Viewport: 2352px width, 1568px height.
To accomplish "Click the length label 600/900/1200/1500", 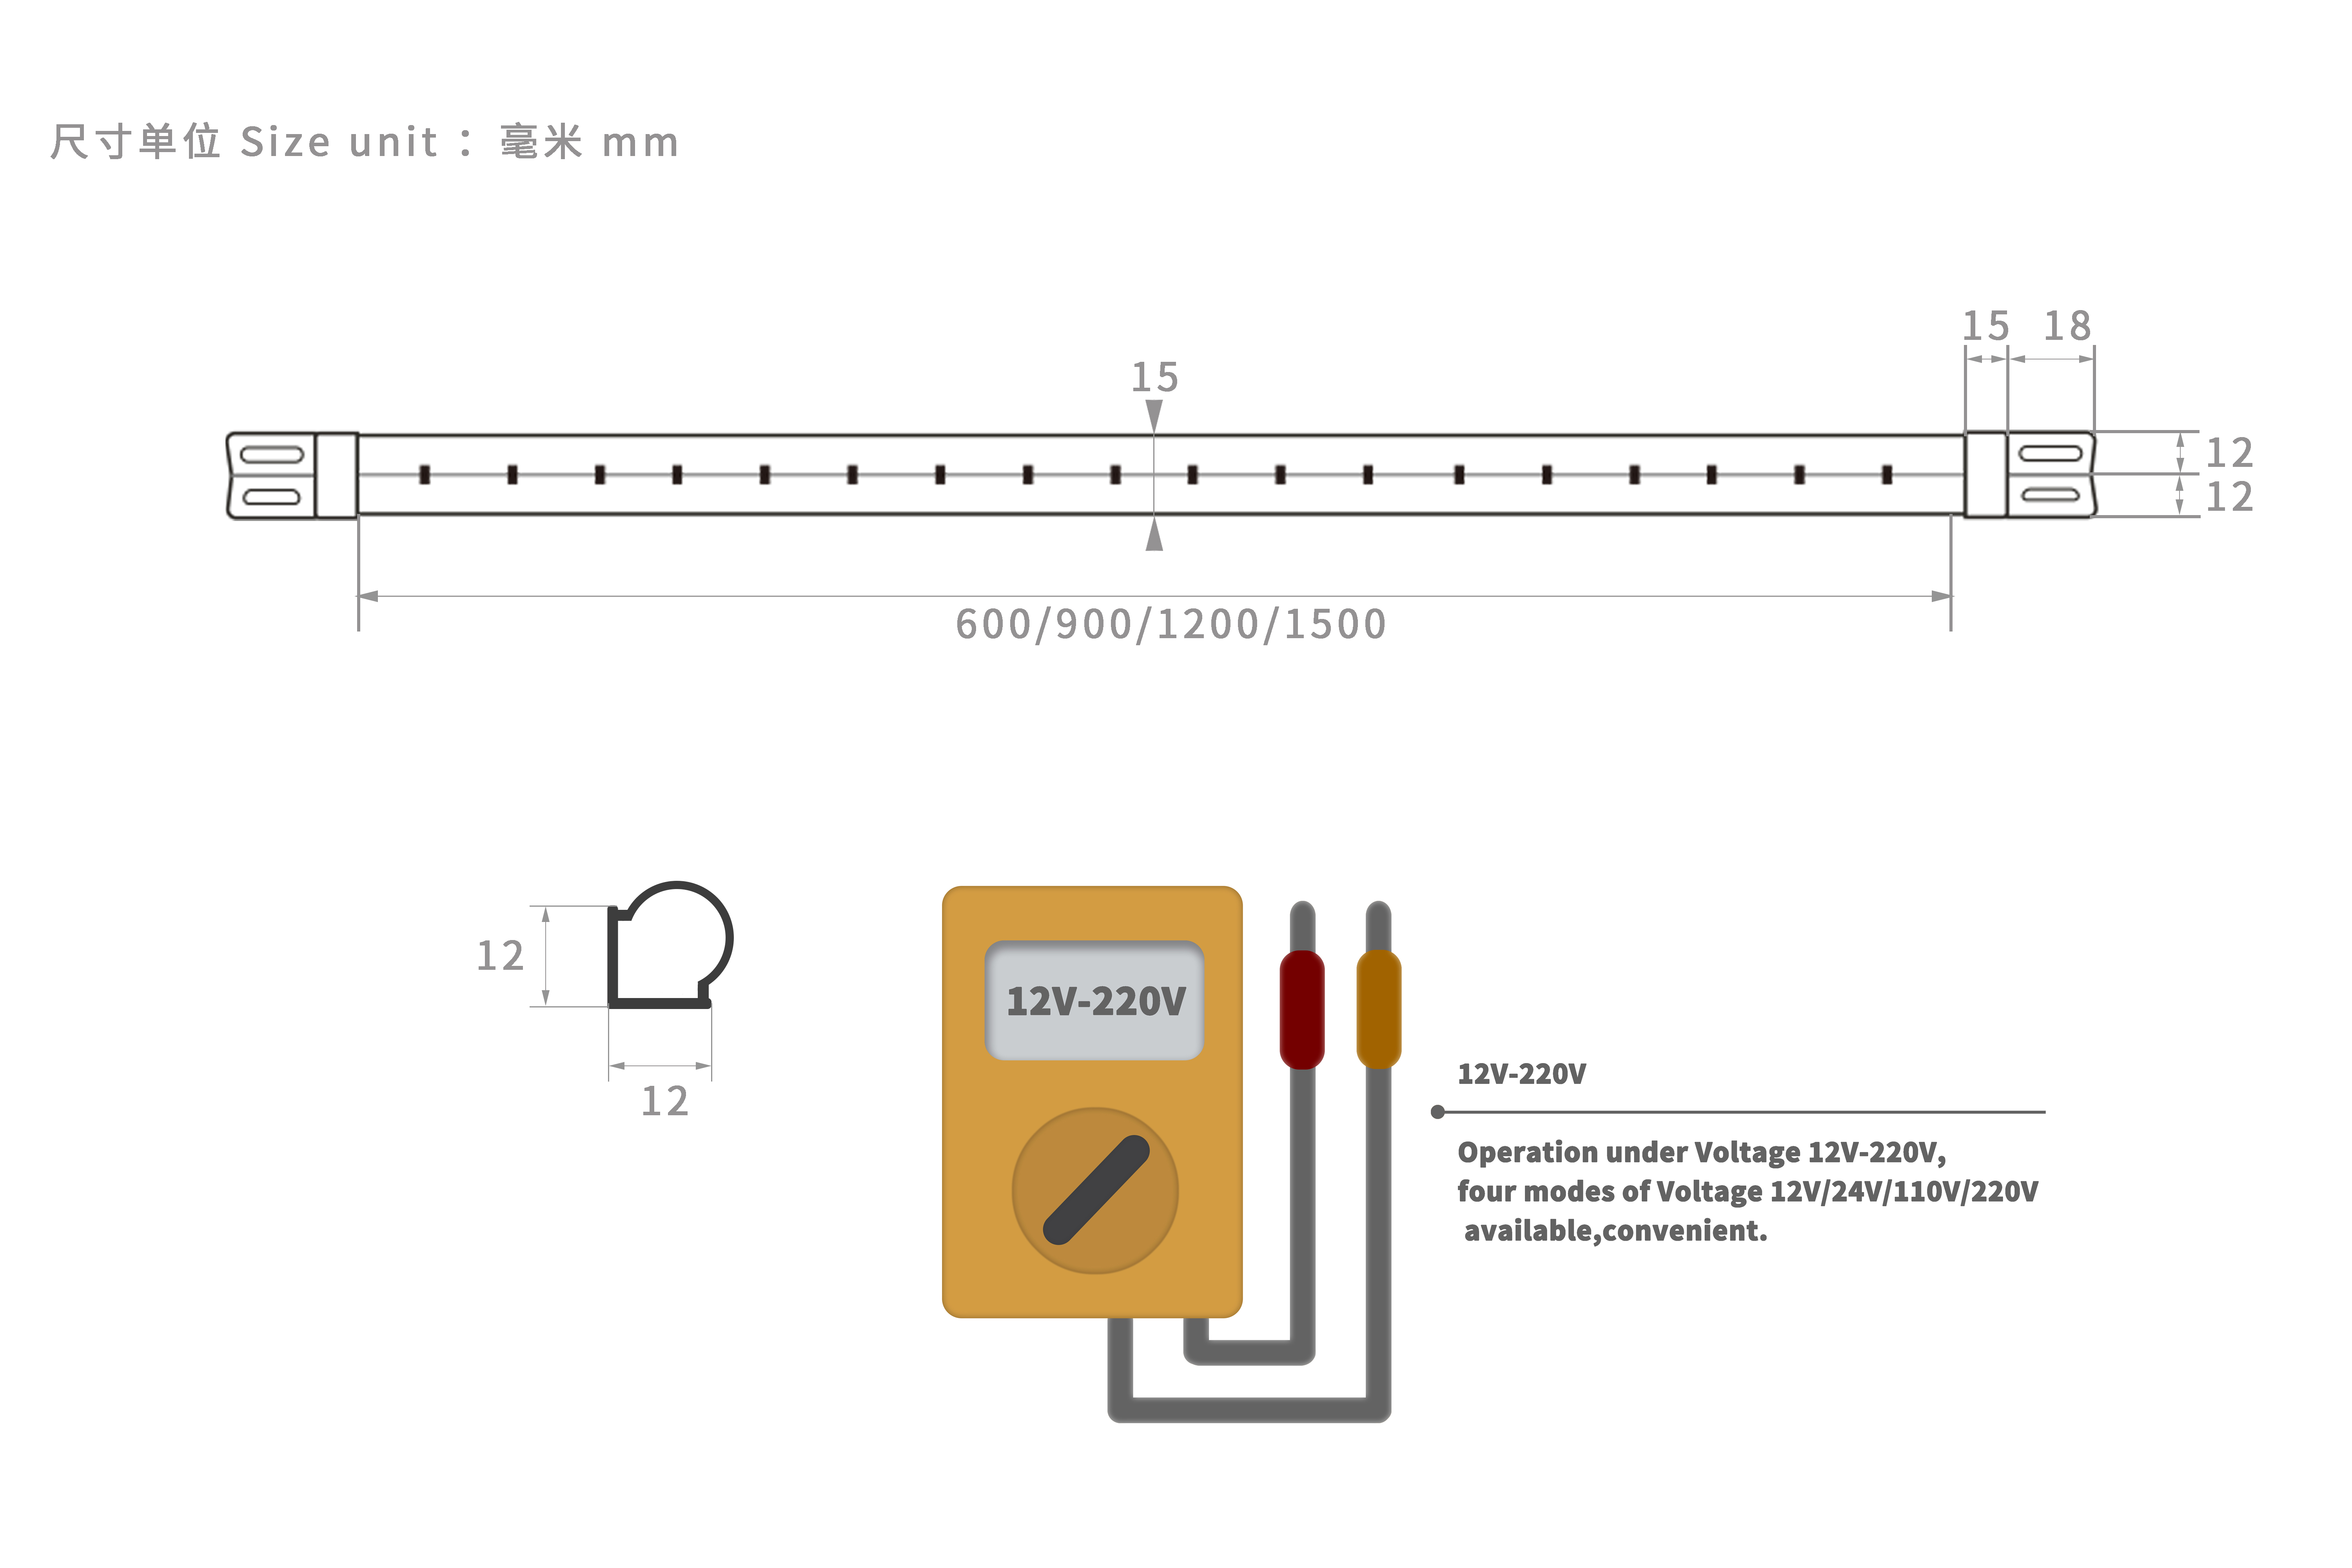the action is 1170,624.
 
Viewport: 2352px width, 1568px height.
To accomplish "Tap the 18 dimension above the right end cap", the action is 2067,326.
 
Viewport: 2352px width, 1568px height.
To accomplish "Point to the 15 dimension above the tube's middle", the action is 1154,377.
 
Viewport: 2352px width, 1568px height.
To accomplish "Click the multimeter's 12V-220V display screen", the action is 1095,1000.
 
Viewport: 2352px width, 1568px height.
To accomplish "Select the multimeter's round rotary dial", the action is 1095,1190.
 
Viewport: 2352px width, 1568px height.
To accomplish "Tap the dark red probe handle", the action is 1302,1008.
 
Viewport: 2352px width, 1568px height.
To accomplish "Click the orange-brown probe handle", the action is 1378,1008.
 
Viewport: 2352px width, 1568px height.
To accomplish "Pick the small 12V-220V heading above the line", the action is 1521,1074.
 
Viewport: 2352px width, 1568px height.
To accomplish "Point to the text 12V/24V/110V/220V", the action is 1903,1191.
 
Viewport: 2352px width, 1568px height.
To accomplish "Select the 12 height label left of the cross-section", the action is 500,956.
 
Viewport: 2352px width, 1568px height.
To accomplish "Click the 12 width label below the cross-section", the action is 664,1101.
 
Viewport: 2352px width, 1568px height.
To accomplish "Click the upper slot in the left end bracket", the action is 271,455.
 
